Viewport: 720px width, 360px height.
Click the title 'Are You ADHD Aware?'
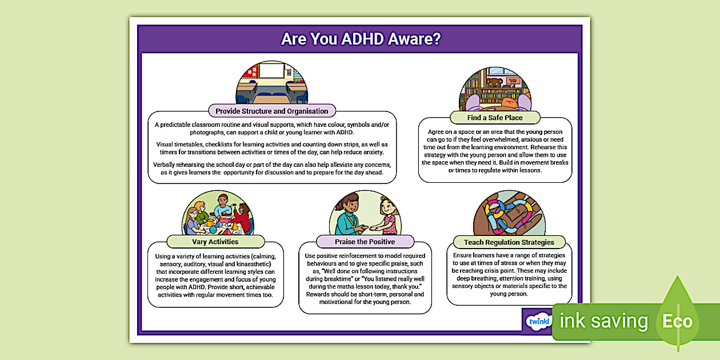click(x=360, y=39)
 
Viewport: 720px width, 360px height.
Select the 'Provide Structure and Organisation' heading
click(x=271, y=111)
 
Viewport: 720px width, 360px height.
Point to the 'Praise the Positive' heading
click(x=365, y=241)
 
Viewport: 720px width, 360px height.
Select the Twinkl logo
click(x=538, y=321)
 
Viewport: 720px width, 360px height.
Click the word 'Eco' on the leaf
click(x=678, y=321)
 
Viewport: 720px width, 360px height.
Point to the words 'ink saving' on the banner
click(x=603, y=321)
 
